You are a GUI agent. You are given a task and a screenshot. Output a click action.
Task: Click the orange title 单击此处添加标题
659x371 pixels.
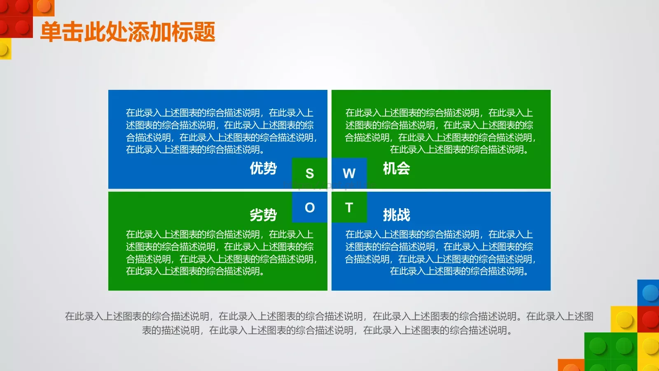point(128,32)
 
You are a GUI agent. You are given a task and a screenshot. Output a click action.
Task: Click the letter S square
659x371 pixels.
point(309,174)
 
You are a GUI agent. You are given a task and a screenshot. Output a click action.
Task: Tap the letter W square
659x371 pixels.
point(349,174)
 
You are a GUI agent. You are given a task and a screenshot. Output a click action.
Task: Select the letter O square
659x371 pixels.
point(309,207)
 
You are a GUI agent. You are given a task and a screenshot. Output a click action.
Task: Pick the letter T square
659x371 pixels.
point(349,207)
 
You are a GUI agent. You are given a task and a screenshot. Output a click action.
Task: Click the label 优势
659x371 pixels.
point(263,168)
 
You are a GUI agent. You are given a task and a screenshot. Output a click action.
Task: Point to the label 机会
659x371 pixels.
point(396,168)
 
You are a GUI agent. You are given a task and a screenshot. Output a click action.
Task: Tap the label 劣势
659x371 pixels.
point(263,215)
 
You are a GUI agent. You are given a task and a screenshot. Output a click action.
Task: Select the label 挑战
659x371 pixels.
point(396,215)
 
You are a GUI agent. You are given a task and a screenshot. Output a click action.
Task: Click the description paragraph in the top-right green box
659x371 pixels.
point(439,131)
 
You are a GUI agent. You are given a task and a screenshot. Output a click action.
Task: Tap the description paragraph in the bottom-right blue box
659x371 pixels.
point(439,253)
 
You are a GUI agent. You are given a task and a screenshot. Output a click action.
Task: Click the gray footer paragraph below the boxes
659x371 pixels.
point(329,323)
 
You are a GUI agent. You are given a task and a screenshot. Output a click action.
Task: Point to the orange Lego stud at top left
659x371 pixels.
point(44,6)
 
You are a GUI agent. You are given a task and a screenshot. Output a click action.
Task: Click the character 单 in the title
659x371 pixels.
point(51,32)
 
